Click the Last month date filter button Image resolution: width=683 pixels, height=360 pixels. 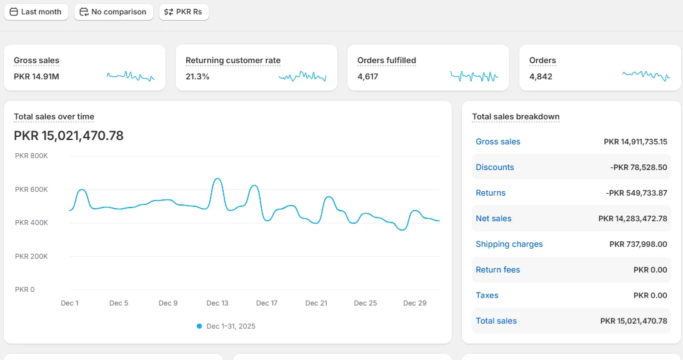point(36,12)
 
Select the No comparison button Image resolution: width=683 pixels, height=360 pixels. point(114,12)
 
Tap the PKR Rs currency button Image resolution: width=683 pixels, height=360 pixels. point(184,12)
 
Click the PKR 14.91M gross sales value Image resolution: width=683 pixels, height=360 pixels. point(37,77)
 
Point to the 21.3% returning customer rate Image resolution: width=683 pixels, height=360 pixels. point(197,77)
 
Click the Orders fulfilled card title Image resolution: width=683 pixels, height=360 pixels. point(387,60)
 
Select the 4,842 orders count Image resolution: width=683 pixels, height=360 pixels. point(541,77)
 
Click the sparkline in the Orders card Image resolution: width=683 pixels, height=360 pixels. point(646,76)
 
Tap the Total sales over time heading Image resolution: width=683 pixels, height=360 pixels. point(54,116)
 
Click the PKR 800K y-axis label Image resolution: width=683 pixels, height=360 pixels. point(31,156)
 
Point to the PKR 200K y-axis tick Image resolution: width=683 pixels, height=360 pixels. point(31,256)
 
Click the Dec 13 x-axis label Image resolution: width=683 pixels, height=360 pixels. point(217,303)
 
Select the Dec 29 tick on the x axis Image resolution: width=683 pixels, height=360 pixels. point(415,303)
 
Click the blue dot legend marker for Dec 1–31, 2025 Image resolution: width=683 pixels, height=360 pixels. point(199,326)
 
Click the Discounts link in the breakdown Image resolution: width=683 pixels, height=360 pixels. point(495,167)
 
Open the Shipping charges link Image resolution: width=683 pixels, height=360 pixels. point(509,244)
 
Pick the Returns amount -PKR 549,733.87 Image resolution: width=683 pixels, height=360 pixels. point(636,193)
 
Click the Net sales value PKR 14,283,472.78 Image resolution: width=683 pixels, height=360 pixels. point(633,219)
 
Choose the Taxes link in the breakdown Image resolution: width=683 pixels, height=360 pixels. point(487,296)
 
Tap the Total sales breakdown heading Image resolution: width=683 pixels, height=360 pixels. point(516,116)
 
